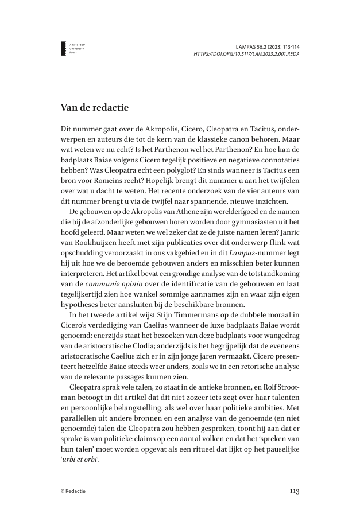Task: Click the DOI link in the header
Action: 246,53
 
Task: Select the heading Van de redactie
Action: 95,107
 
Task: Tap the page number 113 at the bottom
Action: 293,491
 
